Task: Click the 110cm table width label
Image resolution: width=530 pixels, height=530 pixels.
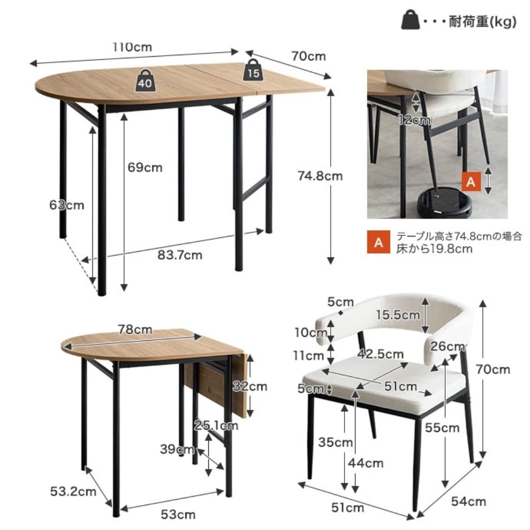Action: click(132, 47)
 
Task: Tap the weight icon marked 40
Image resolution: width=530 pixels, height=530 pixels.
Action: click(145, 81)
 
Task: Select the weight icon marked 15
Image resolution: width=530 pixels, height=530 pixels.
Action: click(253, 70)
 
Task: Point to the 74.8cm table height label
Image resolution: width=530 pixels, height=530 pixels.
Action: click(320, 176)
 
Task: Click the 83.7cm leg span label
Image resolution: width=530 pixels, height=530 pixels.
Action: click(180, 254)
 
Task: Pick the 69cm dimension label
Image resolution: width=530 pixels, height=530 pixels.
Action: click(145, 167)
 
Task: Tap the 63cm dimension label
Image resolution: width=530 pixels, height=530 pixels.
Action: click(67, 205)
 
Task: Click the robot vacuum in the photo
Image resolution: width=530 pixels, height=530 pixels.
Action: click(444, 202)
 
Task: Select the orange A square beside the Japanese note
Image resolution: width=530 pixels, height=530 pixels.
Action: click(378, 242)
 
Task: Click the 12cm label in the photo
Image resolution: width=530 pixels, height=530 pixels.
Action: click(414, 120)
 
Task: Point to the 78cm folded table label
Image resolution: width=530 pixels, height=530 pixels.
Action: click(135, 329)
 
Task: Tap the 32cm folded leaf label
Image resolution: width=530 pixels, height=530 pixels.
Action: click(250, 386)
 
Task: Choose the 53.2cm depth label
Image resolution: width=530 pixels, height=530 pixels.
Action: click(73, 491)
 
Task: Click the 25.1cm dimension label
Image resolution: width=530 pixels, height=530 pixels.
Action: click(216, 425)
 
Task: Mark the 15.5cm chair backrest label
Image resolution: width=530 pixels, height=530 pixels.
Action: click(398, 315)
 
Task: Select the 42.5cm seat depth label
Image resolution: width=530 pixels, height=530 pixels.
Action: click(381, 354)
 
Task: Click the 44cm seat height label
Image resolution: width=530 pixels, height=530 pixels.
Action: click(366, 463)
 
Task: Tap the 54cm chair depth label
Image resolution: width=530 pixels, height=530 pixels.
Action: click(469, 501)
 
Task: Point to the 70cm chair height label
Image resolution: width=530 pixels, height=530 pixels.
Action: click(493, 369)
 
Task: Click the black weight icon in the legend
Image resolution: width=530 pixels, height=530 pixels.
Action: click(410, 20)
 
